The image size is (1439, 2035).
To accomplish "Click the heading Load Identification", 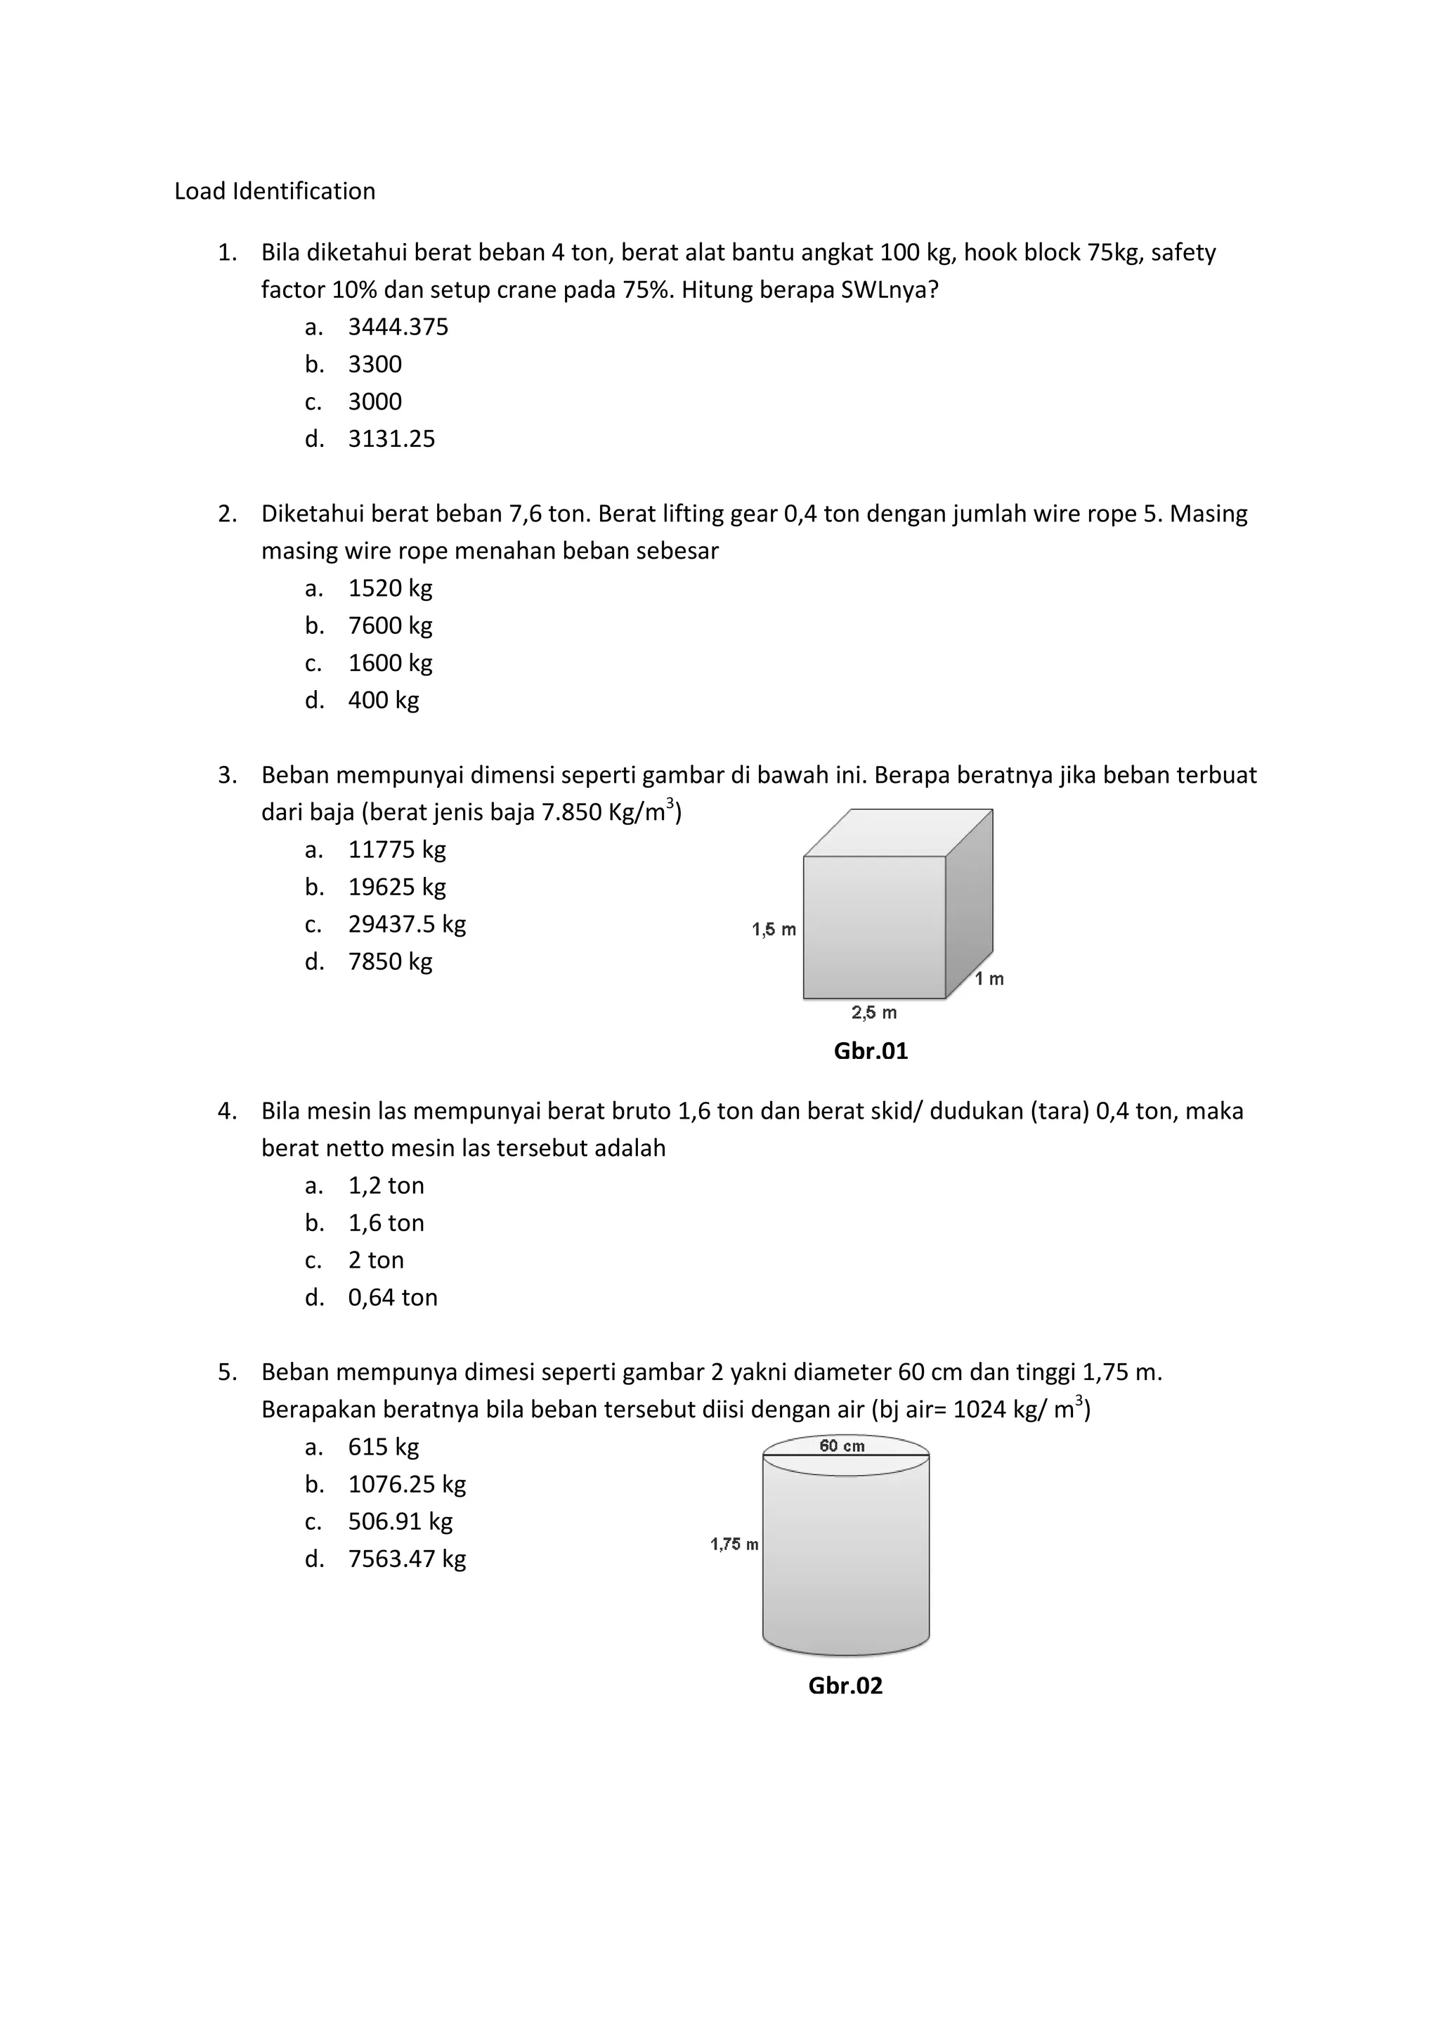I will [x=275, y=191].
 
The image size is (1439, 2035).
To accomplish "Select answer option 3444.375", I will [x=398, y=327].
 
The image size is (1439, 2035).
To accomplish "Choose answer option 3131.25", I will [x=391, y=438].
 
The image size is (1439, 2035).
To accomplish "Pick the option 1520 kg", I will [x=390, y=589].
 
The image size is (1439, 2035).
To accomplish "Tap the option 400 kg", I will [x=383, y=700].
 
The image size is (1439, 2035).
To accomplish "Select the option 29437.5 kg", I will [x=406, y=925].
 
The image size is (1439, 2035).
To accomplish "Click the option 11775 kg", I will [x=396, y=850].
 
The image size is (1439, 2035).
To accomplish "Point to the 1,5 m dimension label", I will [x=774, y=930].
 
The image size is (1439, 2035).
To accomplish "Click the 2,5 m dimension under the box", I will [x=873, y=1012].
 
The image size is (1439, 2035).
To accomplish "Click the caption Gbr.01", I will [x=870, y=1051].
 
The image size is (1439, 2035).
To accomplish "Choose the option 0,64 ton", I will [x=393, y=1298].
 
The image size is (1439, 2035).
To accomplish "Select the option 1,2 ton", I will [x=386, y=1186].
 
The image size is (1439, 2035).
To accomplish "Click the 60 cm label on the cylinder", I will [x=842, y=1446].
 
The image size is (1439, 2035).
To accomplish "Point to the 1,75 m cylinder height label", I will [x=734, y=1545].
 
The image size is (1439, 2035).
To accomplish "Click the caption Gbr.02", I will [x=845, y=1686].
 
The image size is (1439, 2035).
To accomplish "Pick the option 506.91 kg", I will [x=400, y=1522].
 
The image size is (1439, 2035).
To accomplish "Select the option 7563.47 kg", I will [x=406, y=1559].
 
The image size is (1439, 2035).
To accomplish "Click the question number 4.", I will [x=227, y=1112].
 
